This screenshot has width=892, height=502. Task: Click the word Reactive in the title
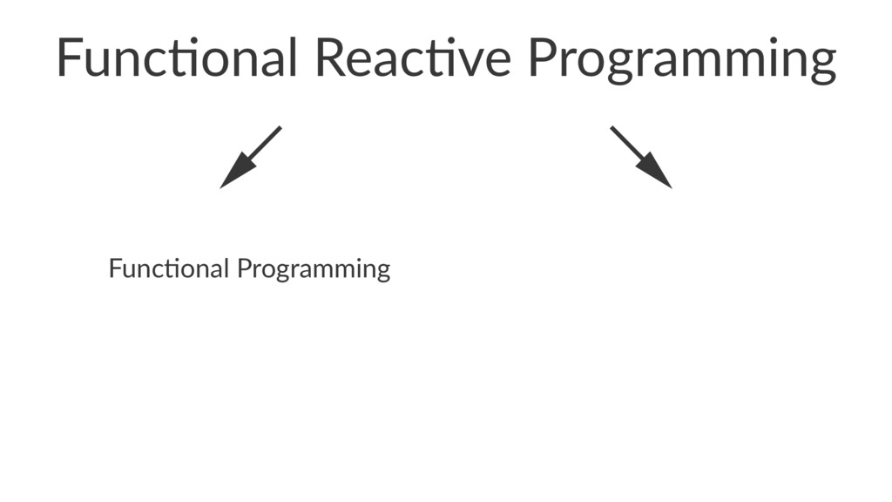point(413,58)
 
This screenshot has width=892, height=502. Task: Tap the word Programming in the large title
point(682,59)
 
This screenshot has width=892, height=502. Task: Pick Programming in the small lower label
point(314,269)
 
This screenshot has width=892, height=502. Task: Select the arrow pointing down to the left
point(250,157)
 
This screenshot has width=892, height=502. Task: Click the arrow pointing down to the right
point(641,157)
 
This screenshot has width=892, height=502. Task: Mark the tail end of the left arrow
point(279,128)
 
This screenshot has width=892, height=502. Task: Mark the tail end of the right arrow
point(612,128)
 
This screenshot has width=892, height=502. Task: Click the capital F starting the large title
point(68,58)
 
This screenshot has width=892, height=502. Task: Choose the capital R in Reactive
point(331,58)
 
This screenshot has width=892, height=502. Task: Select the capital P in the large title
point(543,58)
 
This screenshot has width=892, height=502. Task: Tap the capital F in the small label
point(114,268)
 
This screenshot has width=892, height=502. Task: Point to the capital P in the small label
point(243,268)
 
